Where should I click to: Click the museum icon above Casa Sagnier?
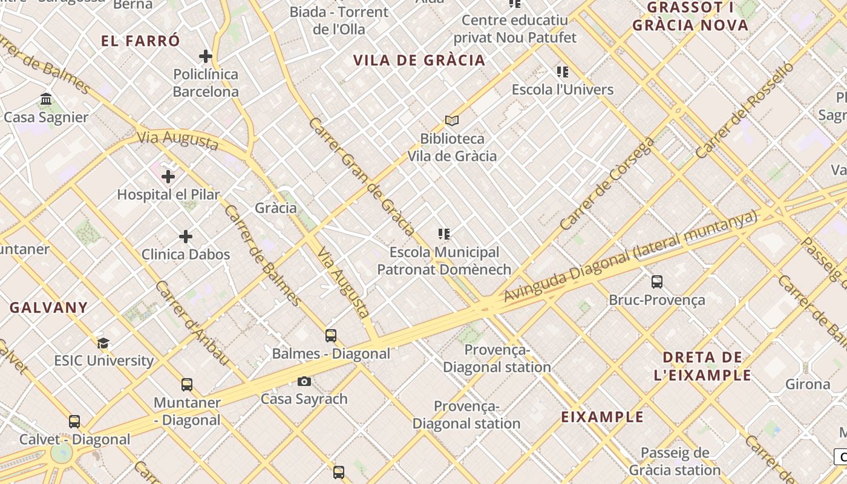pos(46,99)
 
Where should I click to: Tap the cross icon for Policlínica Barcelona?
pos(206,56)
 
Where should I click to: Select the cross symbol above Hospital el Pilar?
pos(168,177)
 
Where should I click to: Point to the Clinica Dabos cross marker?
pos(186,237)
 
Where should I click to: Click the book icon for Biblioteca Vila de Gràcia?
pos(451,120)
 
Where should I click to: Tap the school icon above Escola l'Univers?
pos(563,72)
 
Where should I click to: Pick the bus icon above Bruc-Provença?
pos(657,281)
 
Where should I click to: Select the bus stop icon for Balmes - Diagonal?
pos(331,335)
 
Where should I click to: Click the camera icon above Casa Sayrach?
pos(304,381)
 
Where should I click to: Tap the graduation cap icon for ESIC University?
pos(103,343)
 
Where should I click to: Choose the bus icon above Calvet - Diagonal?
pos(74,421)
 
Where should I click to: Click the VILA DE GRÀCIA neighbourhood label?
pos(419,60)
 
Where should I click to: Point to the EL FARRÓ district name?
pos(140,41)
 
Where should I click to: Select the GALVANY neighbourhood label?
pos(48,307)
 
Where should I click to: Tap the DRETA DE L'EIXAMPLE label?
pos(702,366)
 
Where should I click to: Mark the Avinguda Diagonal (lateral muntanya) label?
pos(630,257)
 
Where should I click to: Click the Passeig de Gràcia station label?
pos(675,461)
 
